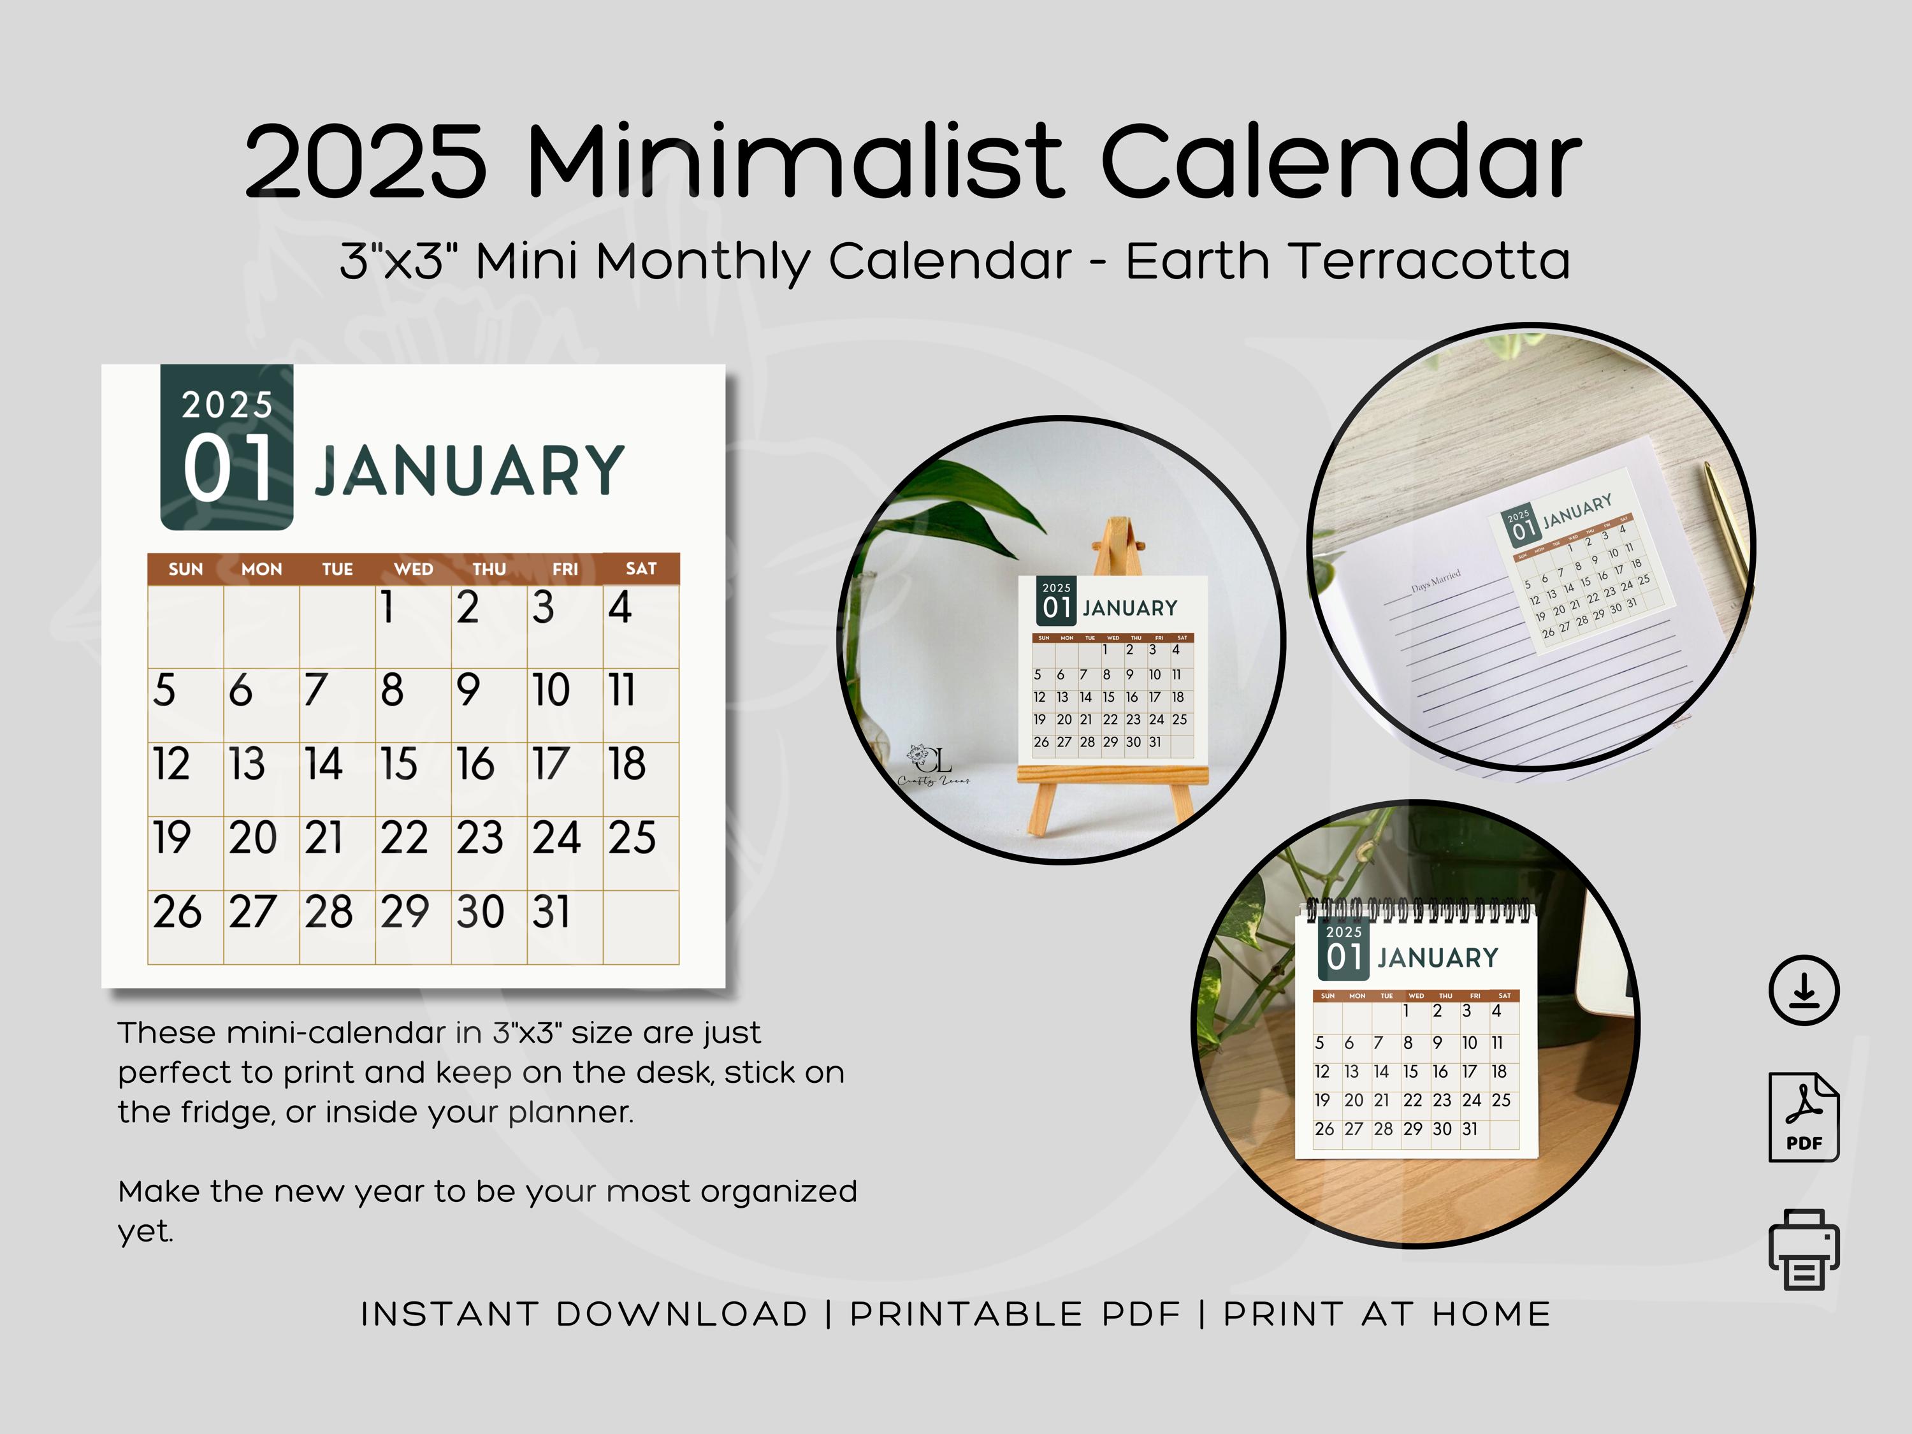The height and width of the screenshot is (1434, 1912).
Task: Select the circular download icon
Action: (x=1803, y=990)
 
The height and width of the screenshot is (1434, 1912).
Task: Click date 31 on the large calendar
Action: (x=551, y=912)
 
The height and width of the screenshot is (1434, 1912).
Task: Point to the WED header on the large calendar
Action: (x=413, y=569)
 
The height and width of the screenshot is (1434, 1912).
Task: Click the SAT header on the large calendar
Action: (x=641, y=568)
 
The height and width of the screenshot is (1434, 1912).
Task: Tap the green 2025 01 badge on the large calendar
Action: (x=226, y=447)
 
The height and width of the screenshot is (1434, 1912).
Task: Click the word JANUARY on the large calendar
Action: (x=468, y=471)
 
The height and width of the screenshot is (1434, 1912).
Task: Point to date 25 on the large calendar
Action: (x=632, y=837)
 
